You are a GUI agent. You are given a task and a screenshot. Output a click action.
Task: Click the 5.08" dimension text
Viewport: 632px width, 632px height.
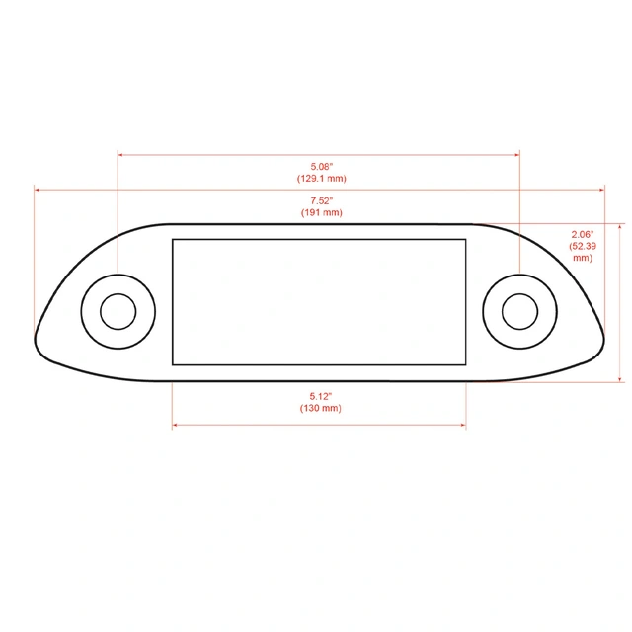click(x=321, y=167)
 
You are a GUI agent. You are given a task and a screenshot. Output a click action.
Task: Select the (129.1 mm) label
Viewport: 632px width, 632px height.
click(x=321, y=179)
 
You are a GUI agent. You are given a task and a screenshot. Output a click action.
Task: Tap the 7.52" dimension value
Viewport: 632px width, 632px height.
click(x=321, y=200)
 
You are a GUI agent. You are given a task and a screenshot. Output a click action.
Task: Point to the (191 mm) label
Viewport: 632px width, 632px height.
click(x=321, y=212)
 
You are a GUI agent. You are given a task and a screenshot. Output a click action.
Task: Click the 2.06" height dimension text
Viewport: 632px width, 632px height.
click(x=582, y=234)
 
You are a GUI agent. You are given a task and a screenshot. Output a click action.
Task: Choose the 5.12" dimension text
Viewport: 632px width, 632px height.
click(x=320, y=396)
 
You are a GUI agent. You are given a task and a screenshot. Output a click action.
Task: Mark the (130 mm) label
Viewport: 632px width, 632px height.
click(x=320, y=408)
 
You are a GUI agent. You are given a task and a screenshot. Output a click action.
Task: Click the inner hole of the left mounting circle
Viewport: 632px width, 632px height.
click(x=118, y=311)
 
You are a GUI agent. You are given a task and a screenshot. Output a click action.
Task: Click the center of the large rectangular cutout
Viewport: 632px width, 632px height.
click(x=319, y=301)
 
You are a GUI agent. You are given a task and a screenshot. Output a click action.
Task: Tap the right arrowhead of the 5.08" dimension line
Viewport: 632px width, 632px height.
click(x=516, y=154)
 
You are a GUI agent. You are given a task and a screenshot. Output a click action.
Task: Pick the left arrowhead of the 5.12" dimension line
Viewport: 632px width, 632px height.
click(x=176, y=426)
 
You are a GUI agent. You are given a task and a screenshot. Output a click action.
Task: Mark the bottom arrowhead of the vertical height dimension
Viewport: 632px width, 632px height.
click(x=620, y=378)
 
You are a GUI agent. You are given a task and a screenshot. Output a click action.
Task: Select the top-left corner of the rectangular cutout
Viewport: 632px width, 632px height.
click(x=173, y=239)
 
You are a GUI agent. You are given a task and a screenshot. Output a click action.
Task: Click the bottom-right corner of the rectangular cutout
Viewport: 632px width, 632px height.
click(x=466, y=363)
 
